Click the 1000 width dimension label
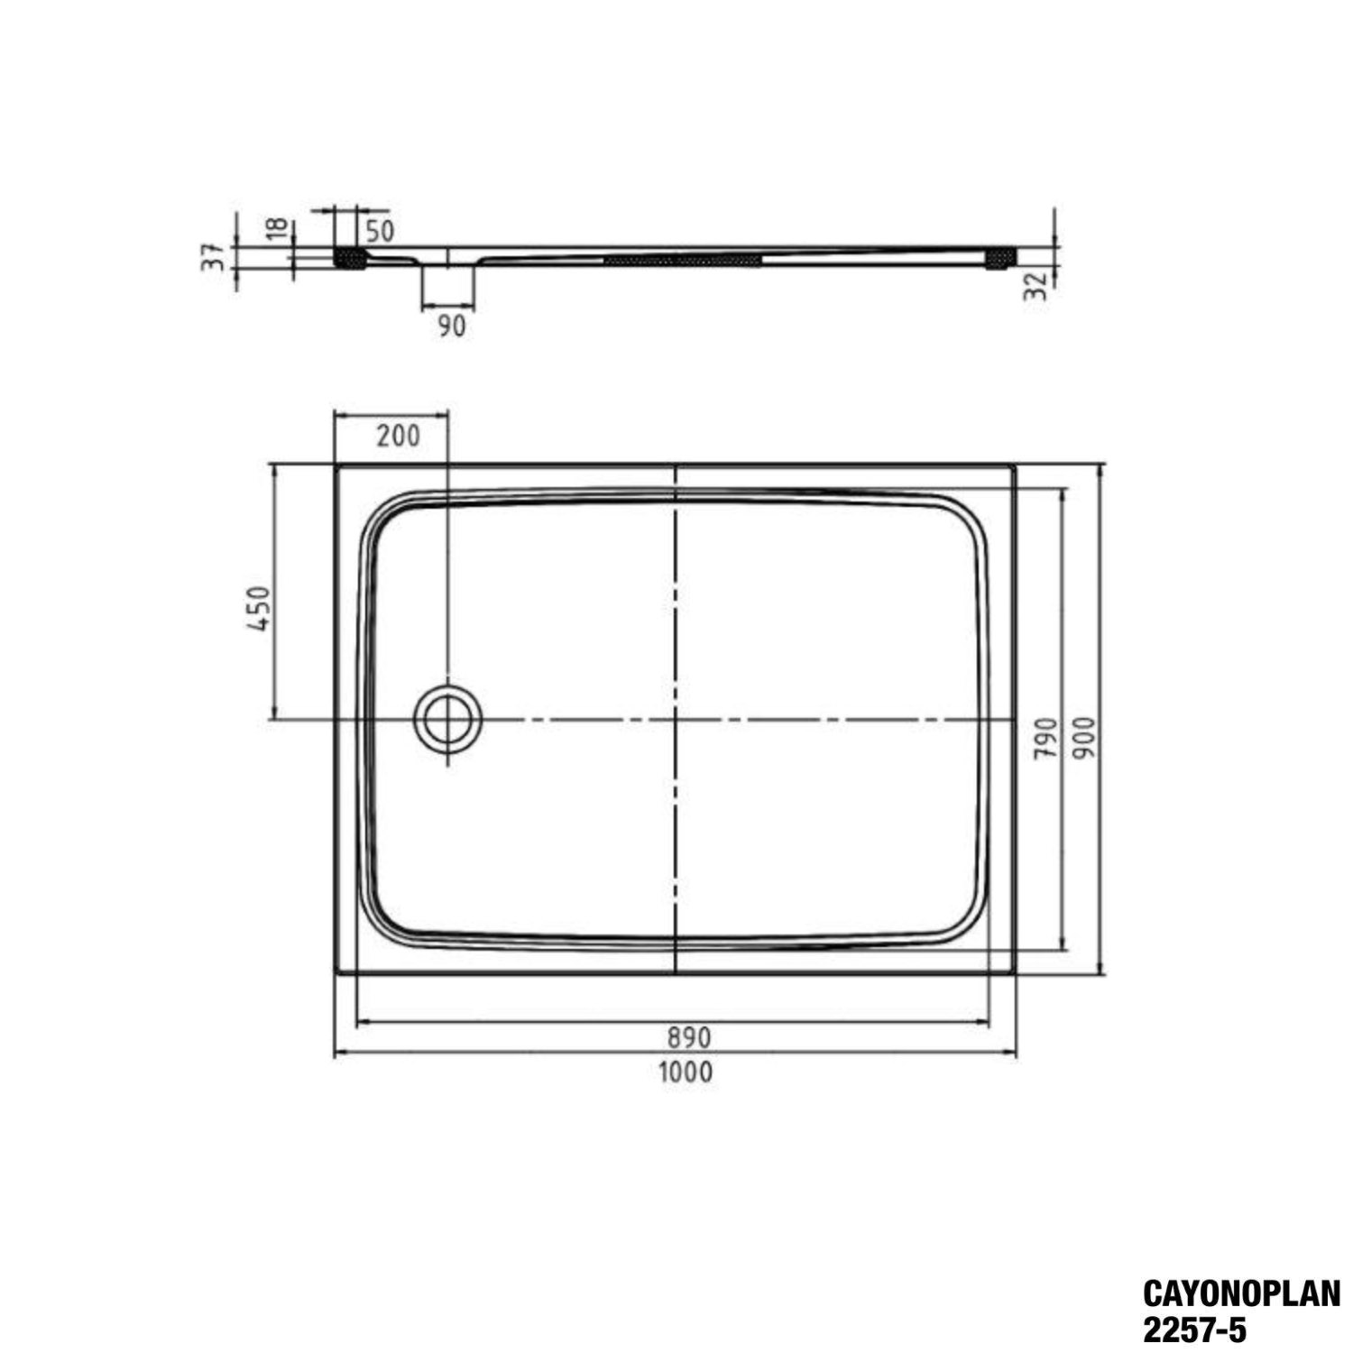pyautogui.click(x=686, y=1072)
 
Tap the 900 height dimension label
pyautogui.click(x=1085, y=737)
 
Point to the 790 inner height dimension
pyautogui.click(x=1045, y=737)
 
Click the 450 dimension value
pyautogui.click(x=259, y=608)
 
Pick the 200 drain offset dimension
pyautogui.click(x=398, y=436)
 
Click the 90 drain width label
pyautogui.click(x=451, y=327)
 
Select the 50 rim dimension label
pyautogui.click(x=380, y=231)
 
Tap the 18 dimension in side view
pyautogui.click(x=279, y=227)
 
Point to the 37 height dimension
pyautogui.click(x=214, y=257)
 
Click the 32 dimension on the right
pyautogui.click(x=1037, y=285)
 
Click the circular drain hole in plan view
pyautogui.click(x=447, y=719)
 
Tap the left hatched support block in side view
pyautogui.click(x=349, y=258)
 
